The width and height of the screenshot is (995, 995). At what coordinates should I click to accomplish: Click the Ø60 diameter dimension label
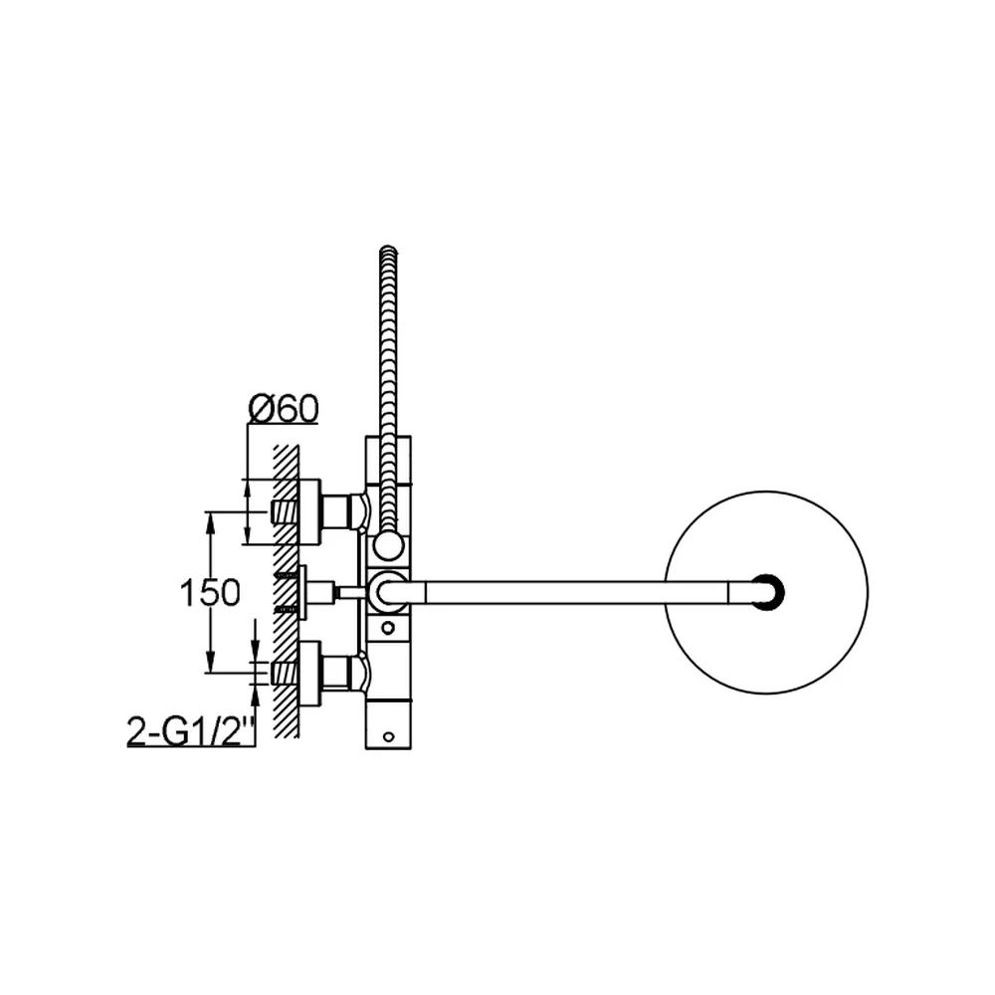pos(283,409)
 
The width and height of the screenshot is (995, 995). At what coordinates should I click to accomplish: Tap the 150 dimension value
pos(210,593)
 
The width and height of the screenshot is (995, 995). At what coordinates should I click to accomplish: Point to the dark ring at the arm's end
pos(768,593)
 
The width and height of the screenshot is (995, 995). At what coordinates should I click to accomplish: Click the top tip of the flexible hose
pos(388,249)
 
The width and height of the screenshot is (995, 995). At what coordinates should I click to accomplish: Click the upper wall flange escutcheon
pos(309,512)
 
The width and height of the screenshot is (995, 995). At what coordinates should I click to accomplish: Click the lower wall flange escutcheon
pos(309,673)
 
